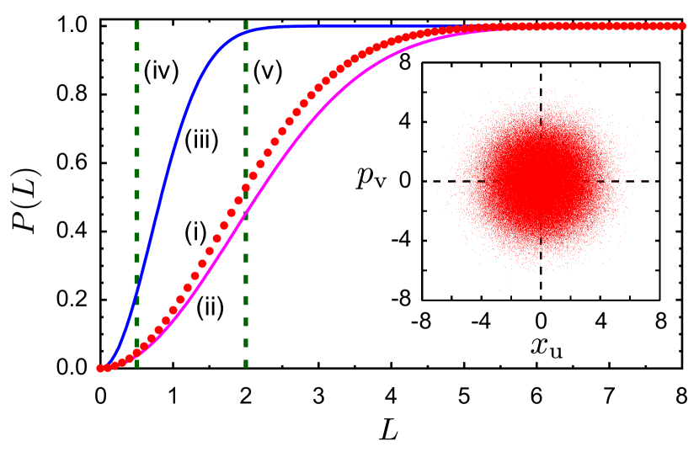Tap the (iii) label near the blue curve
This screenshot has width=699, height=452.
pos(202,142)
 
